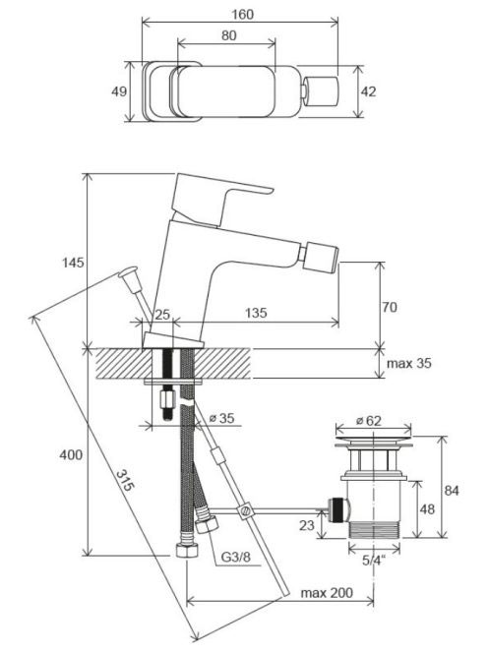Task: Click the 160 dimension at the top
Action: pos(243,14)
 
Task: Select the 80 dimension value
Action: pos(229,35)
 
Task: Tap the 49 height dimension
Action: pos(119,91)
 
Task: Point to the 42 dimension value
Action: pos(368,91)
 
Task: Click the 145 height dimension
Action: pos(73,263)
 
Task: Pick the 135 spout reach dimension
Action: pos(256,313)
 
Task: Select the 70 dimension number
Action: pos(390,307)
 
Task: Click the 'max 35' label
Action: pos(409,363)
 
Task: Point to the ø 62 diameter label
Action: pos(369,421)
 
